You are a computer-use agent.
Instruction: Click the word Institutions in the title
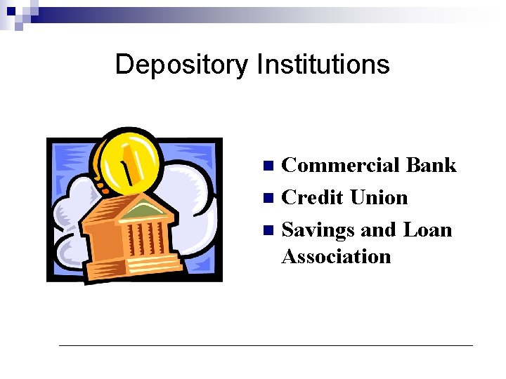pyautogui.click(x=323, y=65)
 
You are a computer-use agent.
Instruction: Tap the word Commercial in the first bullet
pyautogui.click(x=340, y=166)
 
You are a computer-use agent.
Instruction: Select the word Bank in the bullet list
pyautogui.click(x=431, y=166)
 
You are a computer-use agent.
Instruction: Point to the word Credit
pyautogui.click(x=312, y=198)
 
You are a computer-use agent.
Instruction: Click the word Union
pyautogui.click(x=379, y=198)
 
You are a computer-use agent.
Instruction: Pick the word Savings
pyautogui.click(x=318, y=231)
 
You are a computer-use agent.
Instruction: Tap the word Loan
pyautogui.click(x=427, y=230)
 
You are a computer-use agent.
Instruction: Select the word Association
pyautogui.click(x=336, y=256)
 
